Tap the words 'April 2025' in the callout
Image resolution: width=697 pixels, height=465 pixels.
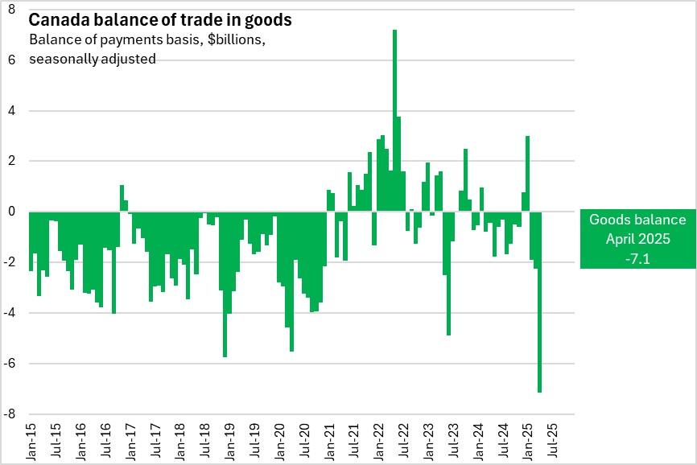click(x=637, y=239)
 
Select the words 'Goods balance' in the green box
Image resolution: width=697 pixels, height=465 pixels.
click(x=637, y=220)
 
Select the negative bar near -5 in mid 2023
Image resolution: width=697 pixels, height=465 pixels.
click(x=448, y=274)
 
